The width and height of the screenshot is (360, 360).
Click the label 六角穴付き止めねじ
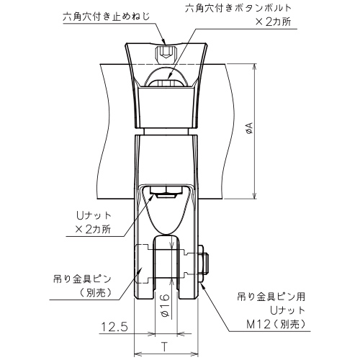point(106,17)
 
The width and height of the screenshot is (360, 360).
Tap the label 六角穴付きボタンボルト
point(238,8)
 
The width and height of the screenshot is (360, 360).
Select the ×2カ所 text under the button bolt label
point(273,22)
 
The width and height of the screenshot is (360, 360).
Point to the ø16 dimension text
point(165,305)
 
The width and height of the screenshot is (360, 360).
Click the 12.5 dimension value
point(114,327)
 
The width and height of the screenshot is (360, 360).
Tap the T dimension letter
point(164,347)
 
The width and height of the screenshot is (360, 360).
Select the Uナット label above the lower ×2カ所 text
point(94,216)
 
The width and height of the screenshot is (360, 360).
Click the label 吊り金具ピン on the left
point(82,279)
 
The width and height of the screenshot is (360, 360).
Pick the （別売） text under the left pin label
point(95,292)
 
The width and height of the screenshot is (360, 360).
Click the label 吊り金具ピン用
point(271,297)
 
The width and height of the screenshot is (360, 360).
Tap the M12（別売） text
point(276,325)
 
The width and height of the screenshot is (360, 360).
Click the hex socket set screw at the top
point(166,53)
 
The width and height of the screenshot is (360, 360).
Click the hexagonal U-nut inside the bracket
point(165,192)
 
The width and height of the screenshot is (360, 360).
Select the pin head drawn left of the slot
point(144,264)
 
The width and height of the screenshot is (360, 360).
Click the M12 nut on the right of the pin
point(203,264)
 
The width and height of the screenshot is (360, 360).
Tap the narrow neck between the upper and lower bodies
point(166,132)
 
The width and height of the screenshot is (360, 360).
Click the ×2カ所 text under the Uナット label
point(93,230)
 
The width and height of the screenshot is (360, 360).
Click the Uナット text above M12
point(287,310)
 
